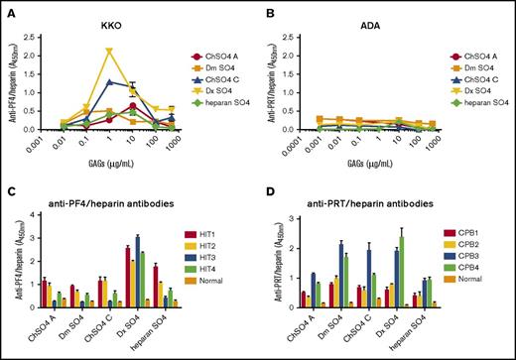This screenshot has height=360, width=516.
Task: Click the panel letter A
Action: click(x=8, y=8)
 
